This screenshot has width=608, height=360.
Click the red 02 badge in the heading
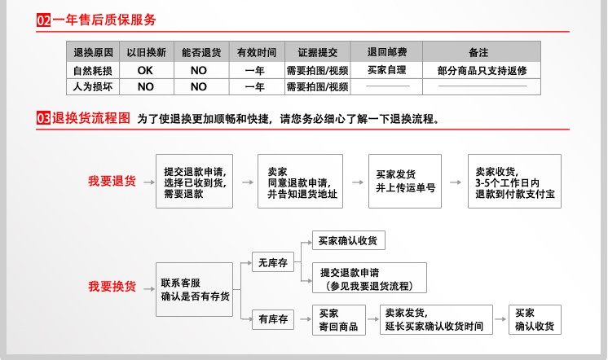pyautogui.click(x=43, y=20)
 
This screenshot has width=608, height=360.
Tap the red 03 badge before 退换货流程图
pyautogui.click(x=43, y=118)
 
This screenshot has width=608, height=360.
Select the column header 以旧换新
pyautogui.click(x=146, y=52)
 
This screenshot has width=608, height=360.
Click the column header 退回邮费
pyautogui.click(x=387, y=52)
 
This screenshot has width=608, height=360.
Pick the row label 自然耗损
pyautogui.click(x=93, y=71)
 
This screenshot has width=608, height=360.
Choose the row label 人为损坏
pyautogui.click(x=93, y=86)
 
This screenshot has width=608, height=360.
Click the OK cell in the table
pyautogui.click(x=145, y=71)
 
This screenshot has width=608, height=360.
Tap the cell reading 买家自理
pyautogui.click(x=386, y=70)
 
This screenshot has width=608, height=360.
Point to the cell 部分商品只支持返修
pyautogui.click(x=482, y=71)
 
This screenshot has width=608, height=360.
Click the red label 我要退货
pyautogui.click(x=112, y=181)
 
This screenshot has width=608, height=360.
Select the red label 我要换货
pyautogui.click(x=112, y=287)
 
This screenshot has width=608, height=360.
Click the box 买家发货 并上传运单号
pyautogui.click(x=405, y=182)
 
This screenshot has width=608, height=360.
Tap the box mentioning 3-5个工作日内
pyautogui.click(x=514, y=182)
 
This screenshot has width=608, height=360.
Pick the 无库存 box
pyautogui.click(x=273, y=262)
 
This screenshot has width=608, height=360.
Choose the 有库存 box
pyautogui.click(x=273, y=319)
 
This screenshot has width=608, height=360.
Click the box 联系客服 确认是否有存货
pyautogui.click(x=194, y=289)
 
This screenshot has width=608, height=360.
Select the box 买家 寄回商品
pyautogui.click(x=339, y=320)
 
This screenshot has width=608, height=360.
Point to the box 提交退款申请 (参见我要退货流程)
pyautogui.click(x=369, y=278)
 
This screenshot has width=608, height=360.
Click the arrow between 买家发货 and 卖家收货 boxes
pyautogui.click(x=456, y=182)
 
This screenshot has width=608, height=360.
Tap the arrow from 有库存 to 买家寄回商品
pyautogui.click(x=305, y=319)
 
